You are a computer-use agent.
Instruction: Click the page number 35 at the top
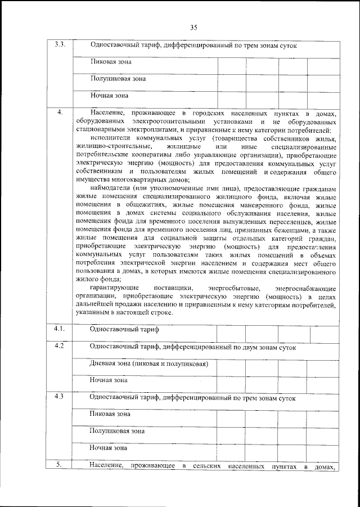pyautogui.click(x=193, y=27)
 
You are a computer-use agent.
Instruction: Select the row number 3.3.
pyautogui.click(x=58, y=45)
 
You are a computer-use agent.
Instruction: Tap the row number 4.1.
pyautogui.click(x=58, y=328)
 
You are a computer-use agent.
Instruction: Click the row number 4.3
pyautogui.click(x=58, y=396)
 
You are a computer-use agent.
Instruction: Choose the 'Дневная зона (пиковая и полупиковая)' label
pyautogui.click(x=148, y=364)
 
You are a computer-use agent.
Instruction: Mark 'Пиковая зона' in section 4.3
pyautogui.click(x=111, y=414)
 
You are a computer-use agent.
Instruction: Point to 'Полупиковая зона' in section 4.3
pyautogui.click(x=118, y=431)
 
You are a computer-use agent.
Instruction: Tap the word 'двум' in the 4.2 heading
pyautogui.click(x=254, y=347)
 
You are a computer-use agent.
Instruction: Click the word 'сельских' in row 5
pyautogui.click(x=206, y=467)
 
